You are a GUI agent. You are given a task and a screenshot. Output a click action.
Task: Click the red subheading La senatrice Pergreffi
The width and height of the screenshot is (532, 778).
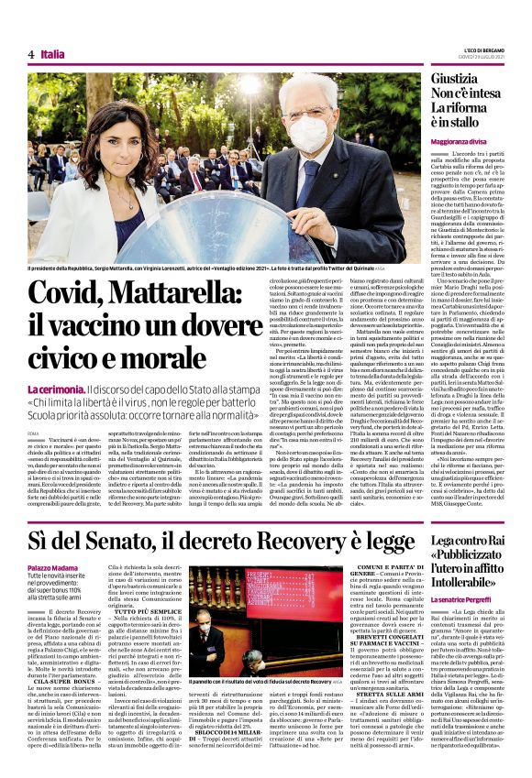(464, 599)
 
